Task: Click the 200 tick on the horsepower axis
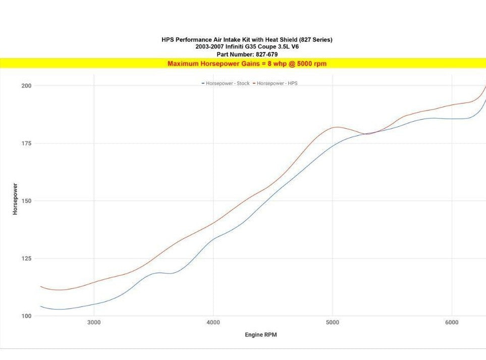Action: pos(26,86)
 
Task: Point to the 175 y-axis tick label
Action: pos(26,143)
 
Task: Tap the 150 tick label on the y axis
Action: pos(26,201)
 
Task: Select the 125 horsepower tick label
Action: pos(26,259)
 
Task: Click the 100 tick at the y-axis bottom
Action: pos(26,316)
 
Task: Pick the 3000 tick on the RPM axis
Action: pos(94,323)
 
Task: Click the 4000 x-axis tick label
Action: pos(213,323)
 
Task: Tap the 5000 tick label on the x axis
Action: pos(332,323)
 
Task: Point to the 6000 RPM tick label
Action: pos(452,323)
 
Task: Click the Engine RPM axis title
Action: pos(260,335)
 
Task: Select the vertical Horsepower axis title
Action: pos(15,199)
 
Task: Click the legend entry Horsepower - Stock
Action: pos(227,83)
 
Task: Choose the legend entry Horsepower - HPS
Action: pos(277,83)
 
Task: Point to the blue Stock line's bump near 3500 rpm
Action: pos(159,273)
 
